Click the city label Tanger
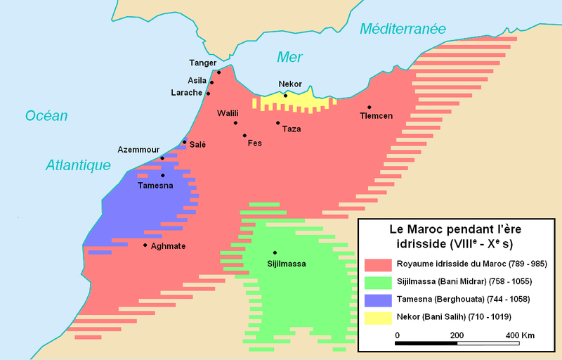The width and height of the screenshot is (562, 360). [x=203, y=63]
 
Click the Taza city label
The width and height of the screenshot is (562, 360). [x=291, y=129]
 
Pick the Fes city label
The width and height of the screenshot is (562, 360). [x=255, y=143]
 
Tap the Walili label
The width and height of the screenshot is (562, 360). [x=228, y=112]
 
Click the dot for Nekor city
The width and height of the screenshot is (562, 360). [x=285, y=95]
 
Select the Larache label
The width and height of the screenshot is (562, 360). [x=186, y=93]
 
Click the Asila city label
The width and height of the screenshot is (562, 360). [x=197, y=80]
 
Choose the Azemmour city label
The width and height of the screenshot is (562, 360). [x=138, y=150]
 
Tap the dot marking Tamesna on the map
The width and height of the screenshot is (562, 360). [x=162, y=175]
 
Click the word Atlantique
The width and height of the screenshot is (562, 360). [x=79, y=165]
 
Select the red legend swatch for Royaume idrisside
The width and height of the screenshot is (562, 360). [x=378, y=264]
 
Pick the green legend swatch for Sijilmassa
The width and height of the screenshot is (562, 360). [x=378, y=282]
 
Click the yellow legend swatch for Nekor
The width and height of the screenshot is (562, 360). [x=378, y=316]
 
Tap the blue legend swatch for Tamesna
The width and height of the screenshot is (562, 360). [x=378, y=299]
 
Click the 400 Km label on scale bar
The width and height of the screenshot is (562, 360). [x=520, y=335]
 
